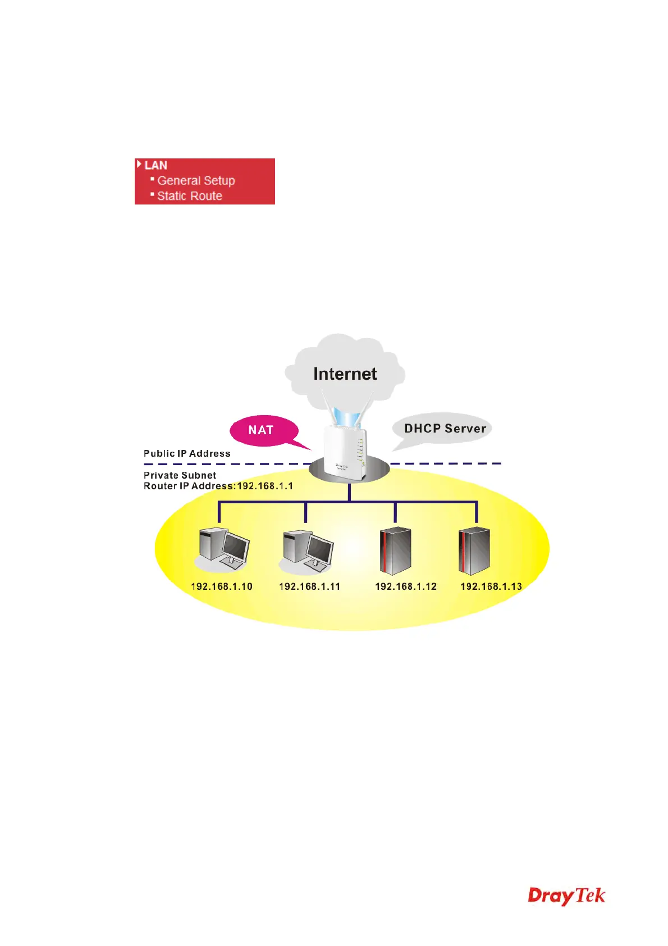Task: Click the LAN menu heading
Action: click(155, 165)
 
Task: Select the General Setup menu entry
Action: click(196, 180)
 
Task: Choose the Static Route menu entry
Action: click(190, 196)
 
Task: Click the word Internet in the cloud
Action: click(345, 374)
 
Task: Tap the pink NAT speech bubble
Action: click(262, 430)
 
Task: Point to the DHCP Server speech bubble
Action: click(445, 429)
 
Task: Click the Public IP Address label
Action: click(187, 453)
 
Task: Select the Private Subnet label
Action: click(180, 475)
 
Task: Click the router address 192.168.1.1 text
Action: click(265, 486)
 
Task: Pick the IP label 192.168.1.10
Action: click(222, 586)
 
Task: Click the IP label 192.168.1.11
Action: click(309, 586)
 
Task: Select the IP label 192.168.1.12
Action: click(406, 586)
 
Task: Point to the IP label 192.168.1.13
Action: click(491, 586)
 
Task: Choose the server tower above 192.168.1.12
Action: click(395, 551)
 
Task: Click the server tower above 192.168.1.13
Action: click(474, 551)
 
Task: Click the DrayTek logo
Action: click(566, 895)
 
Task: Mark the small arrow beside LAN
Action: click(139, 164)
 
